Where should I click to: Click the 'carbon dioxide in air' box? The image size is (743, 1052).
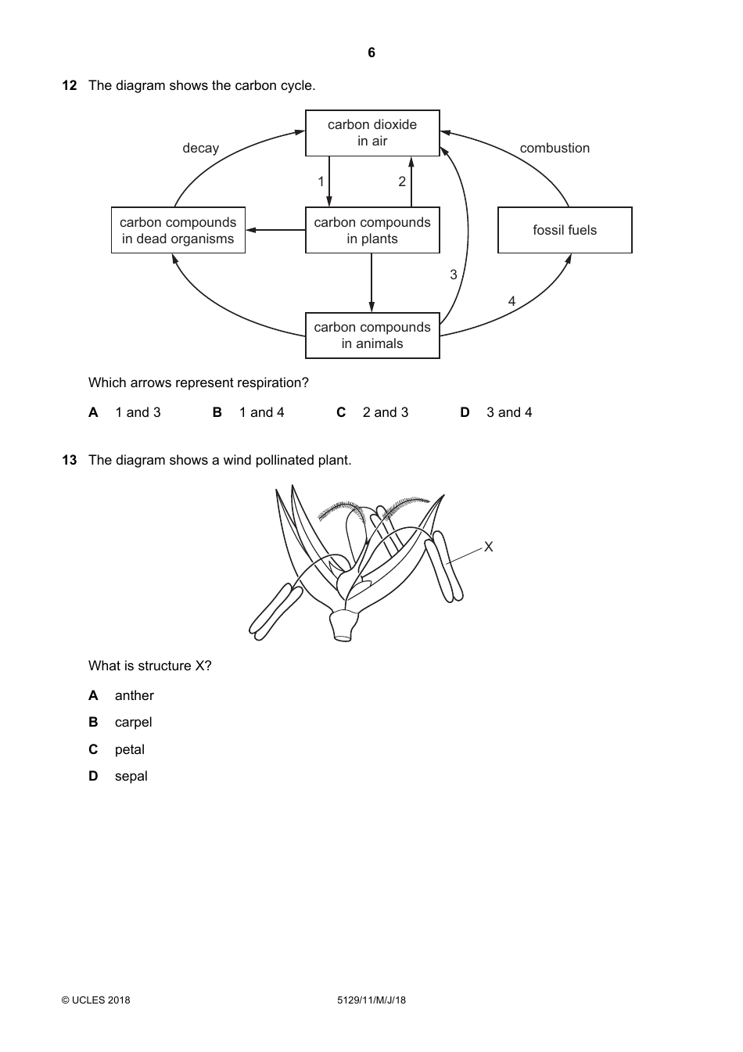tap(372, 133)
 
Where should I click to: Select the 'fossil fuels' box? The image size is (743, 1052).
tap(565, 230)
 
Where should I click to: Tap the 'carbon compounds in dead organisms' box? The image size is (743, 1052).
tap(178, 230)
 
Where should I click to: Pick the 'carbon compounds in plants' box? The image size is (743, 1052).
tap(372, 230)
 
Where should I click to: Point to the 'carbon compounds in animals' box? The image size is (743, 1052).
tap(372, 336)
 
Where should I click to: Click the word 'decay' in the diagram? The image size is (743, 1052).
tap(201, 148)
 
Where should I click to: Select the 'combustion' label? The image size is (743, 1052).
tap(555, 148)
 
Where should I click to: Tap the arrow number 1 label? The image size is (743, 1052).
tap(321, 181)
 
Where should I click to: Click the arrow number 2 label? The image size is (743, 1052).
tap(402, 181)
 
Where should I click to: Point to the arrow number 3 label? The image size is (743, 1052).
tap(454, 275)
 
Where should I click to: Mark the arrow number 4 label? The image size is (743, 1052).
tap(511, 301)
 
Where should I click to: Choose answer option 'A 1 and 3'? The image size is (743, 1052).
tap(125, 412)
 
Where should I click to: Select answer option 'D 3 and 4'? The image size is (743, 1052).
tap(497, 412)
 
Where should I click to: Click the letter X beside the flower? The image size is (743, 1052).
tap(489, 547)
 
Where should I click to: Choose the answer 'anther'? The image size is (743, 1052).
tap(134, 695)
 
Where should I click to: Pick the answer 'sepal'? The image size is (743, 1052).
tap(131, 776)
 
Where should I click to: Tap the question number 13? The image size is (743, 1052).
tap(70, 460)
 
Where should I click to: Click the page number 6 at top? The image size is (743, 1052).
tap(371, 52)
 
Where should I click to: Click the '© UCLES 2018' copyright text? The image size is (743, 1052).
tap(96, 1000)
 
